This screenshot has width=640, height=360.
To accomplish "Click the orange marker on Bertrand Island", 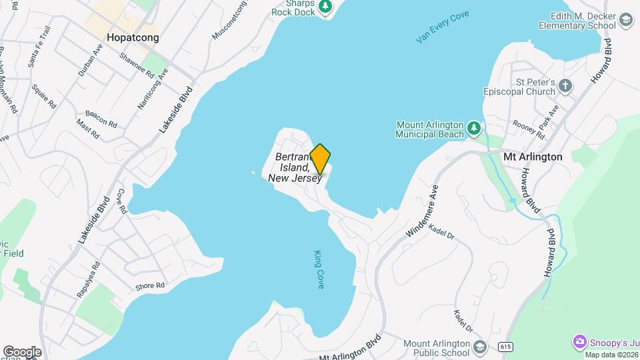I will [321, 158].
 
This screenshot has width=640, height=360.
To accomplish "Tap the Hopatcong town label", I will [133, 38].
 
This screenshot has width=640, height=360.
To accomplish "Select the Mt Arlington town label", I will [533, 157].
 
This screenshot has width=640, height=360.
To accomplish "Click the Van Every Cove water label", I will [443, 27].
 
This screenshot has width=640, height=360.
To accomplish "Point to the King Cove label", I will [319, 269].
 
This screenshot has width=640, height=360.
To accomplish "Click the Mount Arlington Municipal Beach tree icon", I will [473, 127].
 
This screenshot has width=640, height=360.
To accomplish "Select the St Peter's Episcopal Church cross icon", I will [565, 85].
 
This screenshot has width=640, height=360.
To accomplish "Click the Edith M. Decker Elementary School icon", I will [625, 20].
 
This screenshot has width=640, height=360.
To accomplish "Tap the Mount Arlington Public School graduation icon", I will [479, 347].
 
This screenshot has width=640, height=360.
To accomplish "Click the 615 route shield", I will [505, 346].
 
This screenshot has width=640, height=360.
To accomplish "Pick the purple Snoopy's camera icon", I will [580, 341].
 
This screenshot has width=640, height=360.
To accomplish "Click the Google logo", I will [22, 351].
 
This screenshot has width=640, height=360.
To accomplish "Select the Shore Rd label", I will [150, 286].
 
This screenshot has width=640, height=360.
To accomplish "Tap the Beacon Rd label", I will [101, 119].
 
